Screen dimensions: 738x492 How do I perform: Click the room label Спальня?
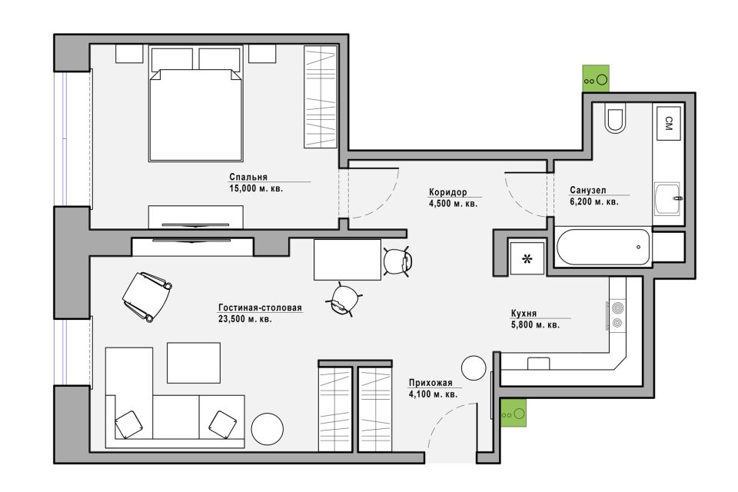click(248, 177)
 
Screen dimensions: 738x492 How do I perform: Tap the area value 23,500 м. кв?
click(244, 319)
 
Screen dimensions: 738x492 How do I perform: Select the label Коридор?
click(447, 192)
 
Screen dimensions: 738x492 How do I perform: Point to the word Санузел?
click(588, 190)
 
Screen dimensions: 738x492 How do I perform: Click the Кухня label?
click(524, 313)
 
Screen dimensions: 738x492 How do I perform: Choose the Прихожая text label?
click(430, 384)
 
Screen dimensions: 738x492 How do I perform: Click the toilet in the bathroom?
click(615, 121)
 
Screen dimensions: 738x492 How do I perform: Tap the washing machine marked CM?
click(668, 123)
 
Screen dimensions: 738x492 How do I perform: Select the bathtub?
click(603, 248)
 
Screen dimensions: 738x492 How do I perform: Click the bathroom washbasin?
click(667, 198)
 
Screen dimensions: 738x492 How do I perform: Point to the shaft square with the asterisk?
click(527, 258)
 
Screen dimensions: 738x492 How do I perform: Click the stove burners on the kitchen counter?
click(616, 315)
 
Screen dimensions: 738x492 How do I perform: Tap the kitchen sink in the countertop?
click(538, 364)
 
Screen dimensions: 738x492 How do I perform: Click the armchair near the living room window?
click(146, 297)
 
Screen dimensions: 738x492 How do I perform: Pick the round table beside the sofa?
click(268, 429)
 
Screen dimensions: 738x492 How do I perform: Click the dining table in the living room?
click(347, 259)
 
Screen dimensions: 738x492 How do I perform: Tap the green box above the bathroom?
click(596, 78)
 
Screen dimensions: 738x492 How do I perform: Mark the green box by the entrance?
click(513, 413)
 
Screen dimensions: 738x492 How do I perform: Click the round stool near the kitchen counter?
click(474, 367)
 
